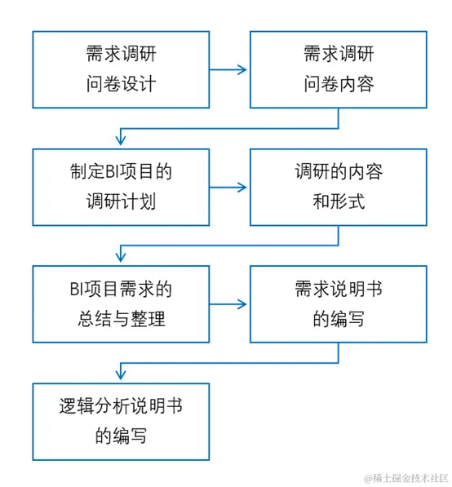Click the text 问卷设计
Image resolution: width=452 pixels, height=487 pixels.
coord(121,84)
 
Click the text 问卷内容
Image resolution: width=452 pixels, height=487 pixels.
coord(338,84)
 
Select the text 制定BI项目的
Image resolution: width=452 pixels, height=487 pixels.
coord(121,172)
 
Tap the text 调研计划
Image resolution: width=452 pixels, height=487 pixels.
coord(121,201)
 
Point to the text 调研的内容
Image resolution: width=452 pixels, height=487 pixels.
coord(338,172)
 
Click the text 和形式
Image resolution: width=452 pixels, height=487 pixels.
coord(338,201)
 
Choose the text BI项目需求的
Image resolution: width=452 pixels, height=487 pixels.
coord(121,290)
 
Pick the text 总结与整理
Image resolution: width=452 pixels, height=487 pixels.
coord(121,319)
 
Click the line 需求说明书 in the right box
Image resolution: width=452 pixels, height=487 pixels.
coord(338,290)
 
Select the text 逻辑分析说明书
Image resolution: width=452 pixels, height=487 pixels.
coord(121,406)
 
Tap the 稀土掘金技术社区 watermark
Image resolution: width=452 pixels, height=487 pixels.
coord(405,476)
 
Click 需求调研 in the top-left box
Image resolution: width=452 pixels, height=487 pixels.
coord(121,55)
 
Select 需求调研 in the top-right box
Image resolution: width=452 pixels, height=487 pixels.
coord(338,55)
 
